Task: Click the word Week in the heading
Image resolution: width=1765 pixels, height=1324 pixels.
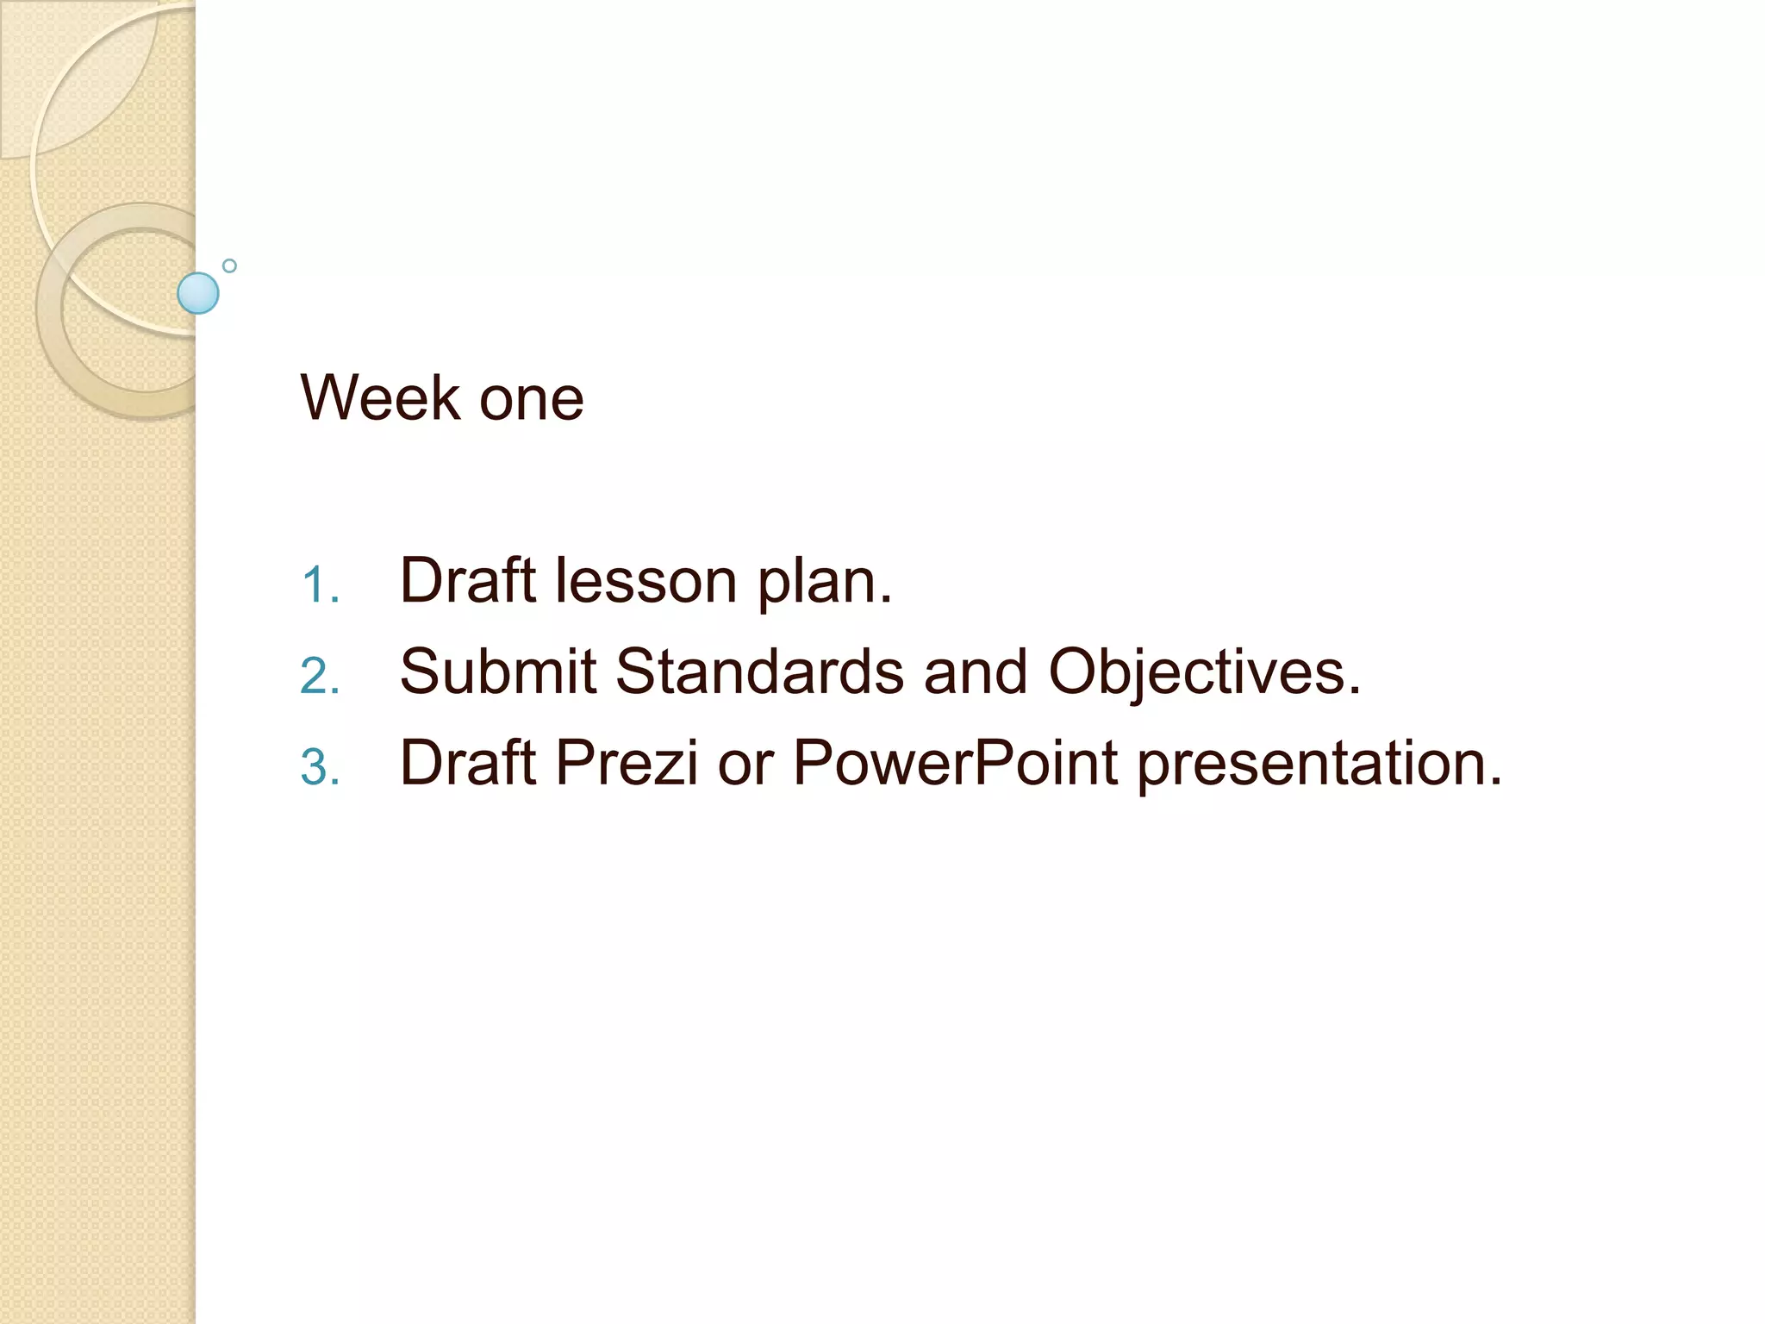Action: tap(380, 398)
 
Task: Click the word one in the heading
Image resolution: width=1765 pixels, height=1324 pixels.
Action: tap(531, 402)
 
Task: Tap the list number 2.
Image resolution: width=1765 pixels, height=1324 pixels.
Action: tap(320, 676)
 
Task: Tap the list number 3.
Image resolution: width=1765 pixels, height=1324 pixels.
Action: tap(320, 767)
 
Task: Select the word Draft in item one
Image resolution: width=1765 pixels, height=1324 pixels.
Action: tap(468, 580)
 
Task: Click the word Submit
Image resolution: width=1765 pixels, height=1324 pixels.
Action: tap(498, 671)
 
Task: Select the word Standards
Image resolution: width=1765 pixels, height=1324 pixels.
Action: tap(759, 671)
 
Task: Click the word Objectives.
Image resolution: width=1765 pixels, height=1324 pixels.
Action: tap(1204, 674)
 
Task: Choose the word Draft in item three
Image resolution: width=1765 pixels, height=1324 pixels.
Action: tap(468, 763)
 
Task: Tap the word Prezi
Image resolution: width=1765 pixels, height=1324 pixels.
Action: tap(626, 763)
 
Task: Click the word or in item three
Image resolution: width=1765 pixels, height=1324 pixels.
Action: tap(745, 765)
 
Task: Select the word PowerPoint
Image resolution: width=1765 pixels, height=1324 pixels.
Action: tap(955, 763)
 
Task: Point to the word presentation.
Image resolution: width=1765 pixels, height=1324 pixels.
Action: tap(1319, 765)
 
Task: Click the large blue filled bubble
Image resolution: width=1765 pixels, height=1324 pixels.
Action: tap(198, 293)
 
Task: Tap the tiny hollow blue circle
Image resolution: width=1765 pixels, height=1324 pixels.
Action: tap(229, 265)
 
